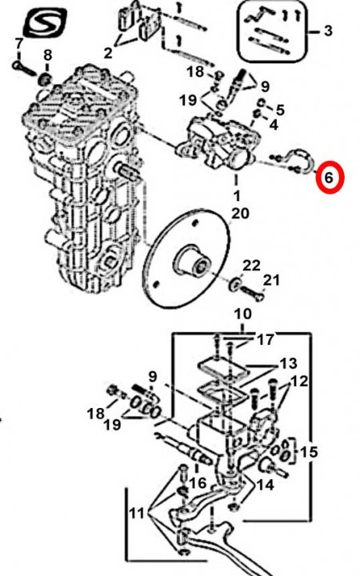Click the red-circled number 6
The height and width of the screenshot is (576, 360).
click(329, 178)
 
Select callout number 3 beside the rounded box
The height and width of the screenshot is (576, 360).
click(328, 30)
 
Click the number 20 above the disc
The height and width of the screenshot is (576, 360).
click(240, 213)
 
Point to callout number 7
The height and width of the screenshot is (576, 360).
click(18, 43)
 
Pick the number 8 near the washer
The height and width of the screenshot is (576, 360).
click(48, 55)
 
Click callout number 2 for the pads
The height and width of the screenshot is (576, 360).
click(108, 54)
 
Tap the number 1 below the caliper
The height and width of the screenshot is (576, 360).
click(237, 195)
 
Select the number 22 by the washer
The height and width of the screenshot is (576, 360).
click(252, 266)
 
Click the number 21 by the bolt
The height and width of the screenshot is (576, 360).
click(271, 280)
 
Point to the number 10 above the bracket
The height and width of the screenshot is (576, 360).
click(243, 314)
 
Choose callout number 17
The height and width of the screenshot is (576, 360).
click(266, 339)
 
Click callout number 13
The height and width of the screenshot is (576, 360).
click(288, 363)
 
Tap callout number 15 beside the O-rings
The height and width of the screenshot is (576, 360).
click(309, 451)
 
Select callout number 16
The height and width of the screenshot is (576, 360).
click(198, 482)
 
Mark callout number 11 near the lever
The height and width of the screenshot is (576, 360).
click(137, 513)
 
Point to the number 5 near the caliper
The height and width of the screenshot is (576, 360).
click(280, 110)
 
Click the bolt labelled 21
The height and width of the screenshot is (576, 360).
click(252, 293)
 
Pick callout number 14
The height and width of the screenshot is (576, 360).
click(266, 485)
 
